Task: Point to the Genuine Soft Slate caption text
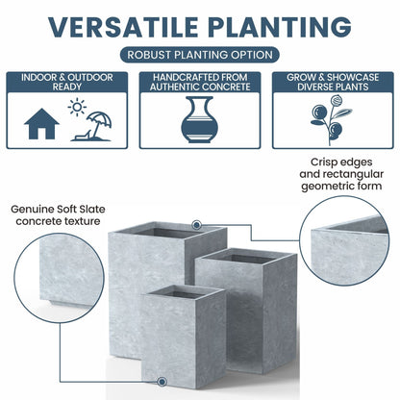[x=56, y=214]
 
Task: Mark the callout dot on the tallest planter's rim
[x=196, y=225]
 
